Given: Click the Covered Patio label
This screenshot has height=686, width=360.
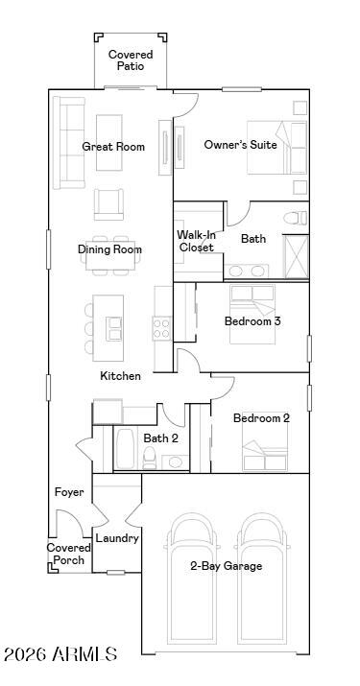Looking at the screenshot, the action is tap(131, 60).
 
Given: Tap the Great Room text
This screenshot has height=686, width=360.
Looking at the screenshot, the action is tap(113, 146).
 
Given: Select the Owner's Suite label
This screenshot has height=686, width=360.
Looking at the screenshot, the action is tap(240, 144).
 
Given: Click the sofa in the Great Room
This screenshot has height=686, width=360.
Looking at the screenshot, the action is tap(69, 143).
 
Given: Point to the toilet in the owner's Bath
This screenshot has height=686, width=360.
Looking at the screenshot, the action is tap(295, 218).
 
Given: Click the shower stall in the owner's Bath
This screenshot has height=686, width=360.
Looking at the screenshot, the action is tap(296, 257).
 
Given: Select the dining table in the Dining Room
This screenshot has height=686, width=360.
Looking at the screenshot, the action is tap(110, 256).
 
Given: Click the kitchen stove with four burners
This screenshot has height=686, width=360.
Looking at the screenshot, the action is tap(160, 328).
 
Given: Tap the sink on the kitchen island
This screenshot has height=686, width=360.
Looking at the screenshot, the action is tap(114, 329).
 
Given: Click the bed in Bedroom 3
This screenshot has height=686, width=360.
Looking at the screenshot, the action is tap(252, 314).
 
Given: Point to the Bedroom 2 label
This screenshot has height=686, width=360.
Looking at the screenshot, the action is tap(261, 417).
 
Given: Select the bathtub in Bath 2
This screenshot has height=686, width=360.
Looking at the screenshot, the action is tap(125, 449).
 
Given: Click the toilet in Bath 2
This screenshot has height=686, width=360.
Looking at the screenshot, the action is tap(150, 458).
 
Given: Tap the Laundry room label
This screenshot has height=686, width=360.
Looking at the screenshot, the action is tap(117, 538).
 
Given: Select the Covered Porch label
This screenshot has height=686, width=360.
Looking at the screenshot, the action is tap(69, 554).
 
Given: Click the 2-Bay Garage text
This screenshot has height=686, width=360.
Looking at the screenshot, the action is tap(226, 566).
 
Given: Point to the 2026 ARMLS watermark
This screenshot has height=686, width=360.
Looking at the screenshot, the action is tap(60, 654).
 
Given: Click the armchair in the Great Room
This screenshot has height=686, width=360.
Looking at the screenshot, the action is tap(108, 204).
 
